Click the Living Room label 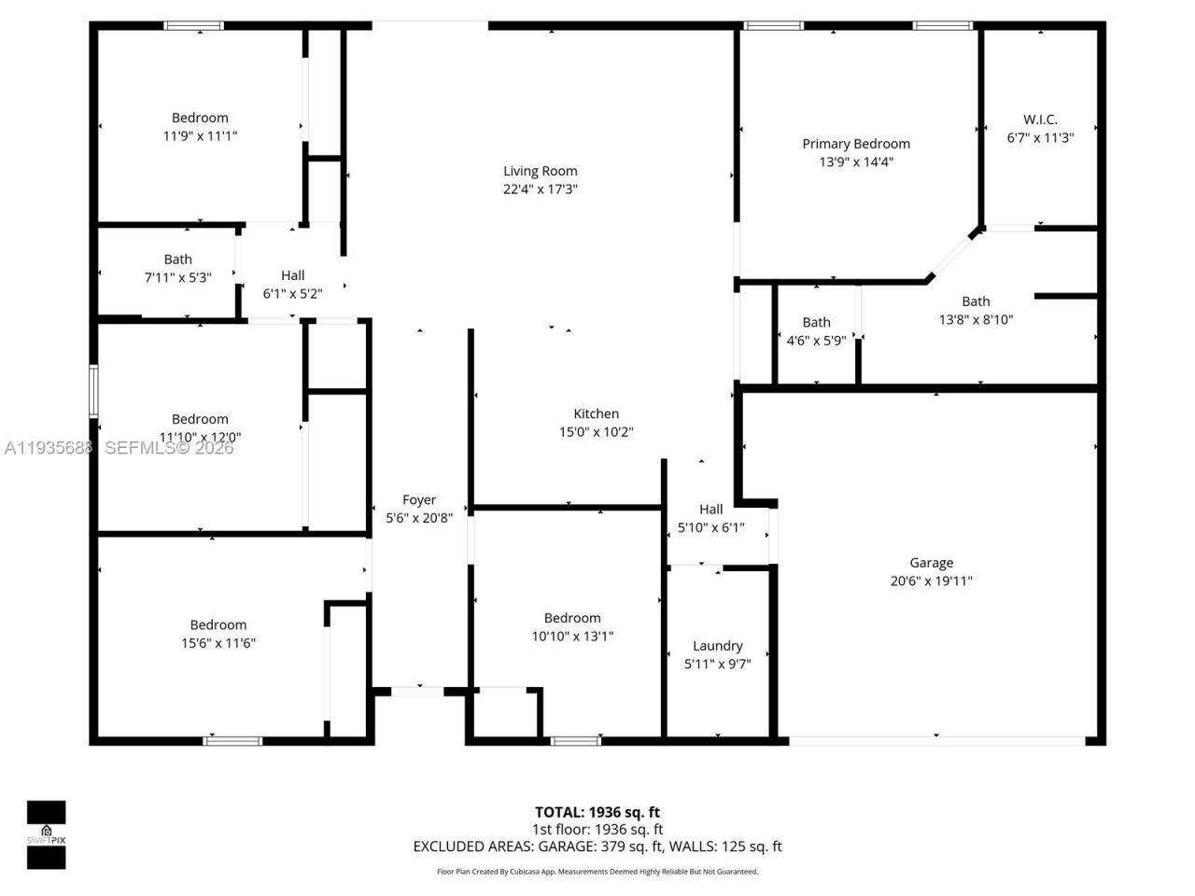(x=540, y=171)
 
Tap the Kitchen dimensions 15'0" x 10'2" (x=596, y=432)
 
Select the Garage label (x=931, y=563)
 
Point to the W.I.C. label (x=1040, y=119)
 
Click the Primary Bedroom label (x=855, y=144)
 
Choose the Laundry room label (x=717, y=646)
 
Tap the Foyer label (x=419, y=500)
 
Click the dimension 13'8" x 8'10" (x=976, y=319)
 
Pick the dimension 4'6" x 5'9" (x=816, y=341)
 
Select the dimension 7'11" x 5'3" (x=177, y=277)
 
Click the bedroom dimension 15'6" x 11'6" (x=218, y=643)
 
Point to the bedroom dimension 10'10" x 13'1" (x=572, y=637)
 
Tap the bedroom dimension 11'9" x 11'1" (x=200, y=135)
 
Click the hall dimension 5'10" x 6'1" (x=710, y=527)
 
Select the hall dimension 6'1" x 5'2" (x=292, y=293)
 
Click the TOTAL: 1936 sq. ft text (x=597, y=812)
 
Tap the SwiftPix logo (x=46, y=834)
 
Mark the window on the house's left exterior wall (x=93, y=390)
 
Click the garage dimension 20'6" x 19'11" (x=931, y=581)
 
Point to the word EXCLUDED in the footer (x=446, y=847)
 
